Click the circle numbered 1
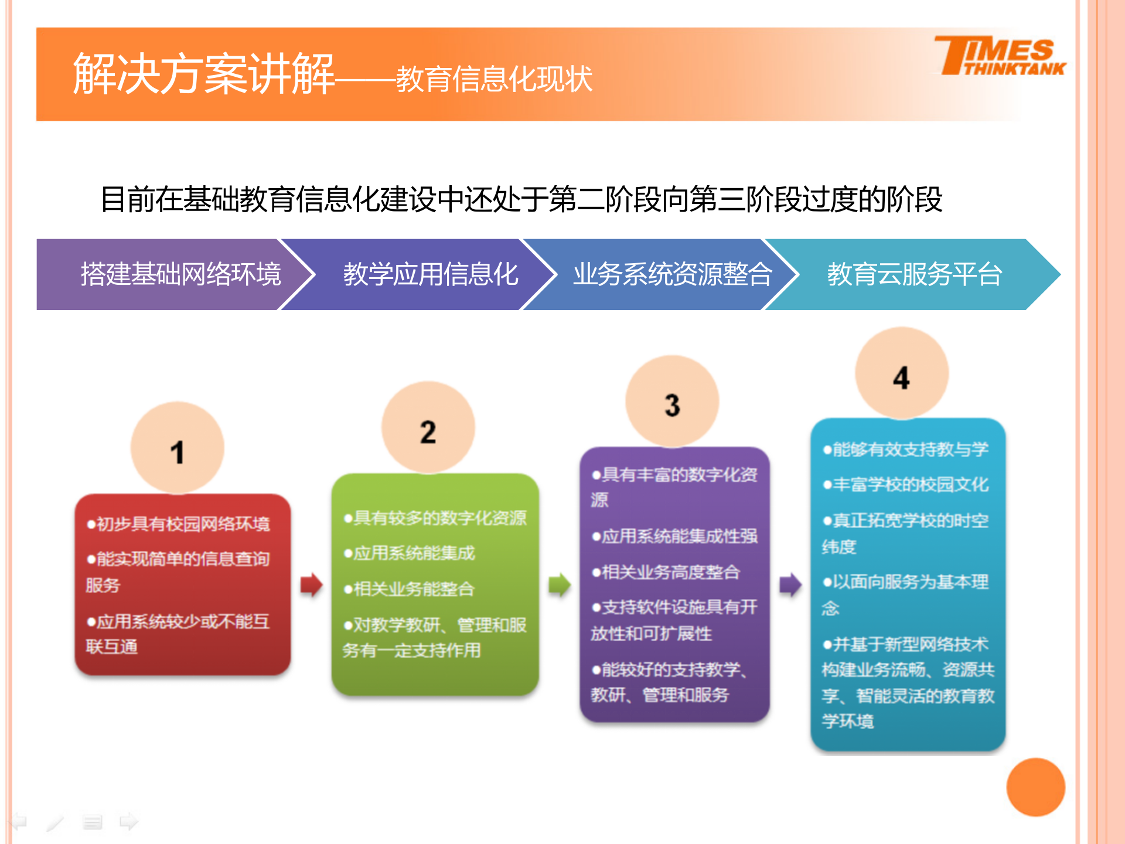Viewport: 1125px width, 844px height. point(177,448)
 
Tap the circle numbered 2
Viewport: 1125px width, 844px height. point(428,428)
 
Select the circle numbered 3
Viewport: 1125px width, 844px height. point(672,402)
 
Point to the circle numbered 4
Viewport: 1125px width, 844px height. point(902,374)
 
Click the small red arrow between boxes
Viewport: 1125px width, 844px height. point(311,584)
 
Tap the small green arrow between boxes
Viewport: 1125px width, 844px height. point(560,584)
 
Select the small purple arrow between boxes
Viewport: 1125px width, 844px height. point(790,584)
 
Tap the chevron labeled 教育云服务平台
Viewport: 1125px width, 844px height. point(914,274)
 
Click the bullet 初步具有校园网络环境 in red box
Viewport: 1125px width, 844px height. point(179,523)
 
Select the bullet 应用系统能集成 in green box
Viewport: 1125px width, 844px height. point(410,553)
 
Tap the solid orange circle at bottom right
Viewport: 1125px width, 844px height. point(1035,787)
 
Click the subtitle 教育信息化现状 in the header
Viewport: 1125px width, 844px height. point(494,79)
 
